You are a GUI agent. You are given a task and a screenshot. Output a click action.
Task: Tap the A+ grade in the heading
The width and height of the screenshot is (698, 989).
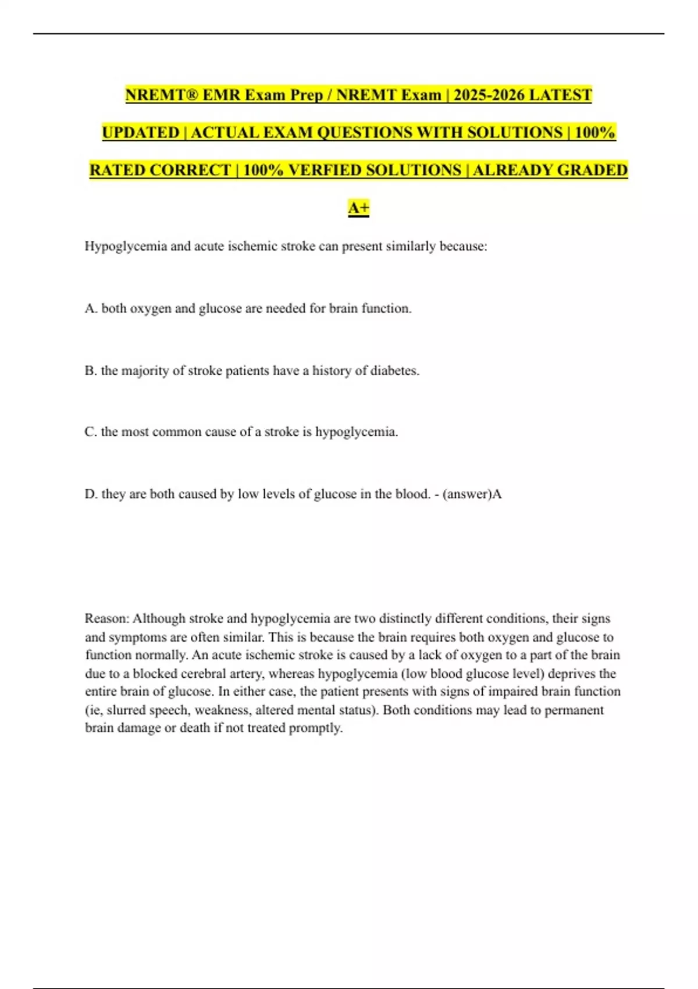click(x=359, y=208)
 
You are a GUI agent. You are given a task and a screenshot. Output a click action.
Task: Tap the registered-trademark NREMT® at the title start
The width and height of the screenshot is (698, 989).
click(x=161, y=95)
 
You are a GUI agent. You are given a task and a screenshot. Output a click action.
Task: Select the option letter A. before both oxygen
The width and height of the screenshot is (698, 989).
click(x=91, y=308)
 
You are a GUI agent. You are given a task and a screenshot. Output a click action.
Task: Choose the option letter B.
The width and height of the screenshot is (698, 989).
click(x=91, y=371)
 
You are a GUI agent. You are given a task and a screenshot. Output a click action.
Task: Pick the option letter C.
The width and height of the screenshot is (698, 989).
click(x=91, y=432)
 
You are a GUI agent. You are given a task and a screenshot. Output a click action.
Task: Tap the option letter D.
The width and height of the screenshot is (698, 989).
click(x=91, y=494)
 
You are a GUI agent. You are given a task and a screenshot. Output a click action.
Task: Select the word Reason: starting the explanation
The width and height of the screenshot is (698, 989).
click(x=107, y=618)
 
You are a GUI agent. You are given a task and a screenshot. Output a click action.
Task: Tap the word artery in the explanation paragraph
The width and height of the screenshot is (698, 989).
click(x=245, y=674)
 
